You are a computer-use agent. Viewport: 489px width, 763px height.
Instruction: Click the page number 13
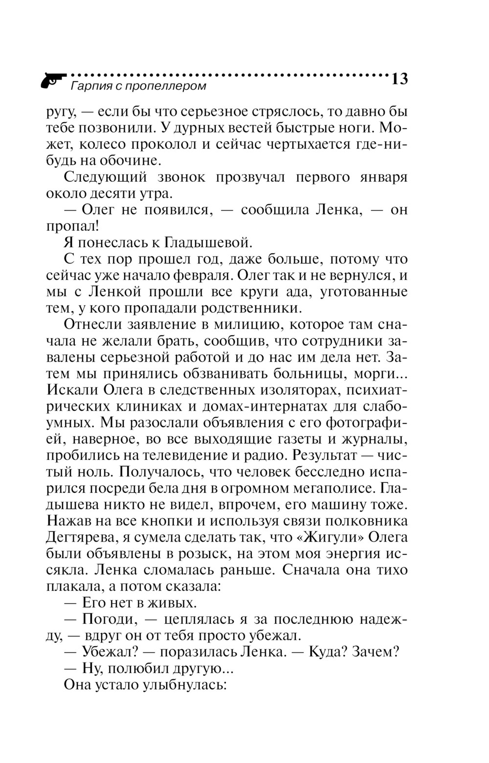[x=399, y=79]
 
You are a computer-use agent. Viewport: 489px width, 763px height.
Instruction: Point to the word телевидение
[x=185, y=456]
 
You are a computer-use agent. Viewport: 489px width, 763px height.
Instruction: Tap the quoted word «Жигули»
[x=333, y=538]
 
